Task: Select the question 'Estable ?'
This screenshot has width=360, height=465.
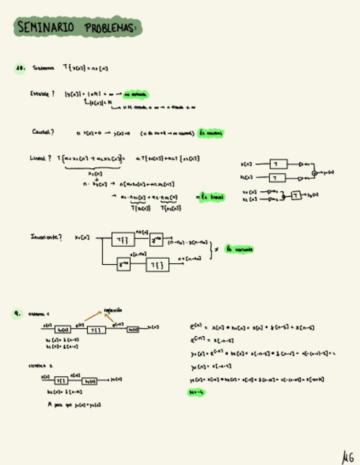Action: coord(42,94)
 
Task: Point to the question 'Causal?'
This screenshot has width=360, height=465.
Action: coord(43,132)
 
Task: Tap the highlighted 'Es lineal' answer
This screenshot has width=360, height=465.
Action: coord(210,197)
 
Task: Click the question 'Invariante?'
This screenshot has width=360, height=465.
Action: coord(46,237)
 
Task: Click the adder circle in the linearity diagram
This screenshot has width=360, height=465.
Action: coord(314,173)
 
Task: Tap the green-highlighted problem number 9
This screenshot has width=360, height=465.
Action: coord(18,314)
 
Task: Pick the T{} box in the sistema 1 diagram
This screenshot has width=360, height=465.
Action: coord(95,330)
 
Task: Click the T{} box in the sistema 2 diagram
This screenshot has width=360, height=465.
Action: coord(61,381)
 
